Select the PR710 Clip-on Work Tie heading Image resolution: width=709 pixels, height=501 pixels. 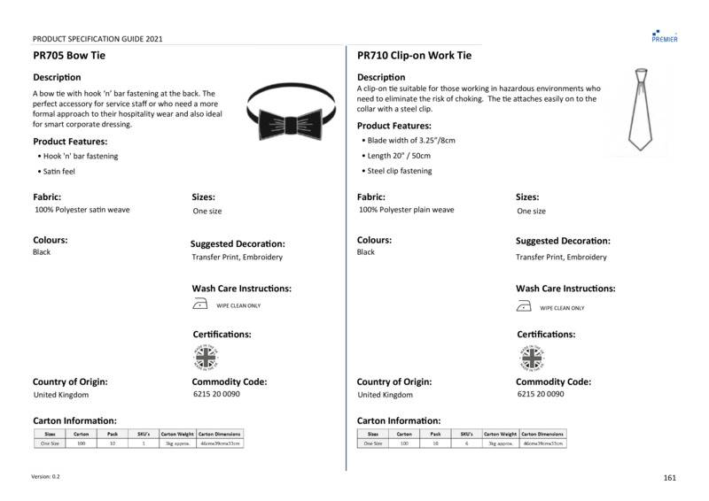pos(414,56)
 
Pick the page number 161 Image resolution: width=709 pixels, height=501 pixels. pos(669,478)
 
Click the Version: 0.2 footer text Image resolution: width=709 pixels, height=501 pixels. pos(46,476)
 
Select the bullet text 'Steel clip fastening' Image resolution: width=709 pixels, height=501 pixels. pos(400,171)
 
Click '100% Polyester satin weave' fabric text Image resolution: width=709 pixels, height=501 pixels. pos(82,211)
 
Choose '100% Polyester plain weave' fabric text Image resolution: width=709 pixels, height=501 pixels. pos(407,211)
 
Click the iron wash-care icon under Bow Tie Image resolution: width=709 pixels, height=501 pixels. pos(200,306)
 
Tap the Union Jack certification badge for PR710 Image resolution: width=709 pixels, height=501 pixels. pos(532,358)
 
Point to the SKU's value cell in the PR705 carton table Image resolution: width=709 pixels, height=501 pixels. pos(144,443)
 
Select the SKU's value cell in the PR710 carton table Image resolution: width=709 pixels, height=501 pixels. pos(467,443)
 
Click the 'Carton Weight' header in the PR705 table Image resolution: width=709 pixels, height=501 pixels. pos(177,435)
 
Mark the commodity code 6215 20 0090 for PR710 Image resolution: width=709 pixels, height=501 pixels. pos(540,394)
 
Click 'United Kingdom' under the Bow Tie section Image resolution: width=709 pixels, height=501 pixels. pos(61,395)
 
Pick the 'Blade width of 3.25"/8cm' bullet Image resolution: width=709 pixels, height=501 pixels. pos(411,142)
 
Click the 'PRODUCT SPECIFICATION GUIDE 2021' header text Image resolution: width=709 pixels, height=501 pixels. pos(97,39)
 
